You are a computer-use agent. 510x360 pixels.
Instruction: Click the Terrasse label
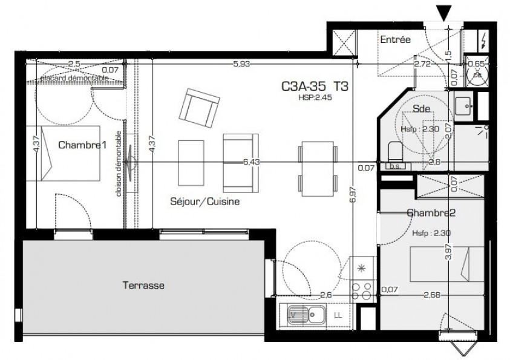tap(143, 284)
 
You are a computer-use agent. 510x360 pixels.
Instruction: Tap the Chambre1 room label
tap(78, 145)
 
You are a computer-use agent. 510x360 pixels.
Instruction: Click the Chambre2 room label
tap(431, 212)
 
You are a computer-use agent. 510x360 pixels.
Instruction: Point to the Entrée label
tap(395, 40)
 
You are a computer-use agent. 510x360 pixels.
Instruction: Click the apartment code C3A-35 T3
tap(315, 87)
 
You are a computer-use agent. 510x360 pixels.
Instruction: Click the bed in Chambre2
tap(447, 264)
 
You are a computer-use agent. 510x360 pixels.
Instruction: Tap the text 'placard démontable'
tap(75, 78)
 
